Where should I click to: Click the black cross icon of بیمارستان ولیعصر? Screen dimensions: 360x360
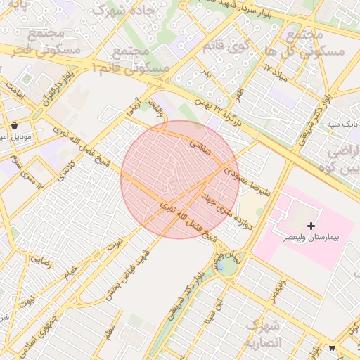pyautogui.click(x=311, y=226)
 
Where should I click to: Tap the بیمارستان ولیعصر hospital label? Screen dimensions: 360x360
pyautogui.click(x=311, y=238)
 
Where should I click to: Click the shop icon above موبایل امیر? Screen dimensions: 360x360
pyautogui.click(x=15, y=126)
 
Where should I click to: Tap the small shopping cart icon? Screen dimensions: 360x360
pyautogui.click(x=332, y=347)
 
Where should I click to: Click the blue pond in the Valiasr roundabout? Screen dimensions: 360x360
pyautogui.click(x=221, y=266)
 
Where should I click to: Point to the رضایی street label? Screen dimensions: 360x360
pyautogui.click(x=40, y=261)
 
